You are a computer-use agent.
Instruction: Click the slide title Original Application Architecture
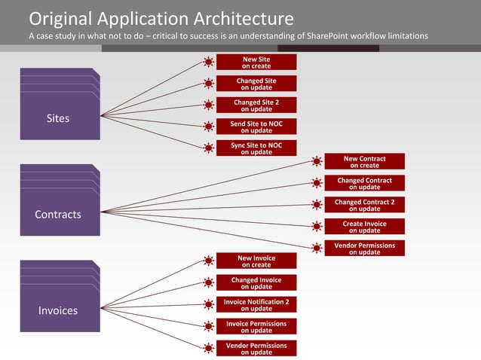[x=161, y=17]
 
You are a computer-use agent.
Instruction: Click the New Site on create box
[x=256, y=62]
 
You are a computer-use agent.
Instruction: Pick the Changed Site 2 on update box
[x=256, y=105]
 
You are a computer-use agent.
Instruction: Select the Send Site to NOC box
[x=256, y=126]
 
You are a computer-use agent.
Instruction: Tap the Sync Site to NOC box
[x=256, y=148]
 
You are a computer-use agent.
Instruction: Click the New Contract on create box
[x=364, y=161]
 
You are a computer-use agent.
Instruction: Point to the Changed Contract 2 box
[x=364, y=205]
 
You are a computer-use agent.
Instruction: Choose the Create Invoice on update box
[x=364, y=227]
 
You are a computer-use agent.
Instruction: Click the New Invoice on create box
[x=256, y=261]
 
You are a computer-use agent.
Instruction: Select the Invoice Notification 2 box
[x=256, y=304]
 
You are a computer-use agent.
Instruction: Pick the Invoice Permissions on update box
[x=256, y=326]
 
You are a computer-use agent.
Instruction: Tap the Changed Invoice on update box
[x=256, y=282]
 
